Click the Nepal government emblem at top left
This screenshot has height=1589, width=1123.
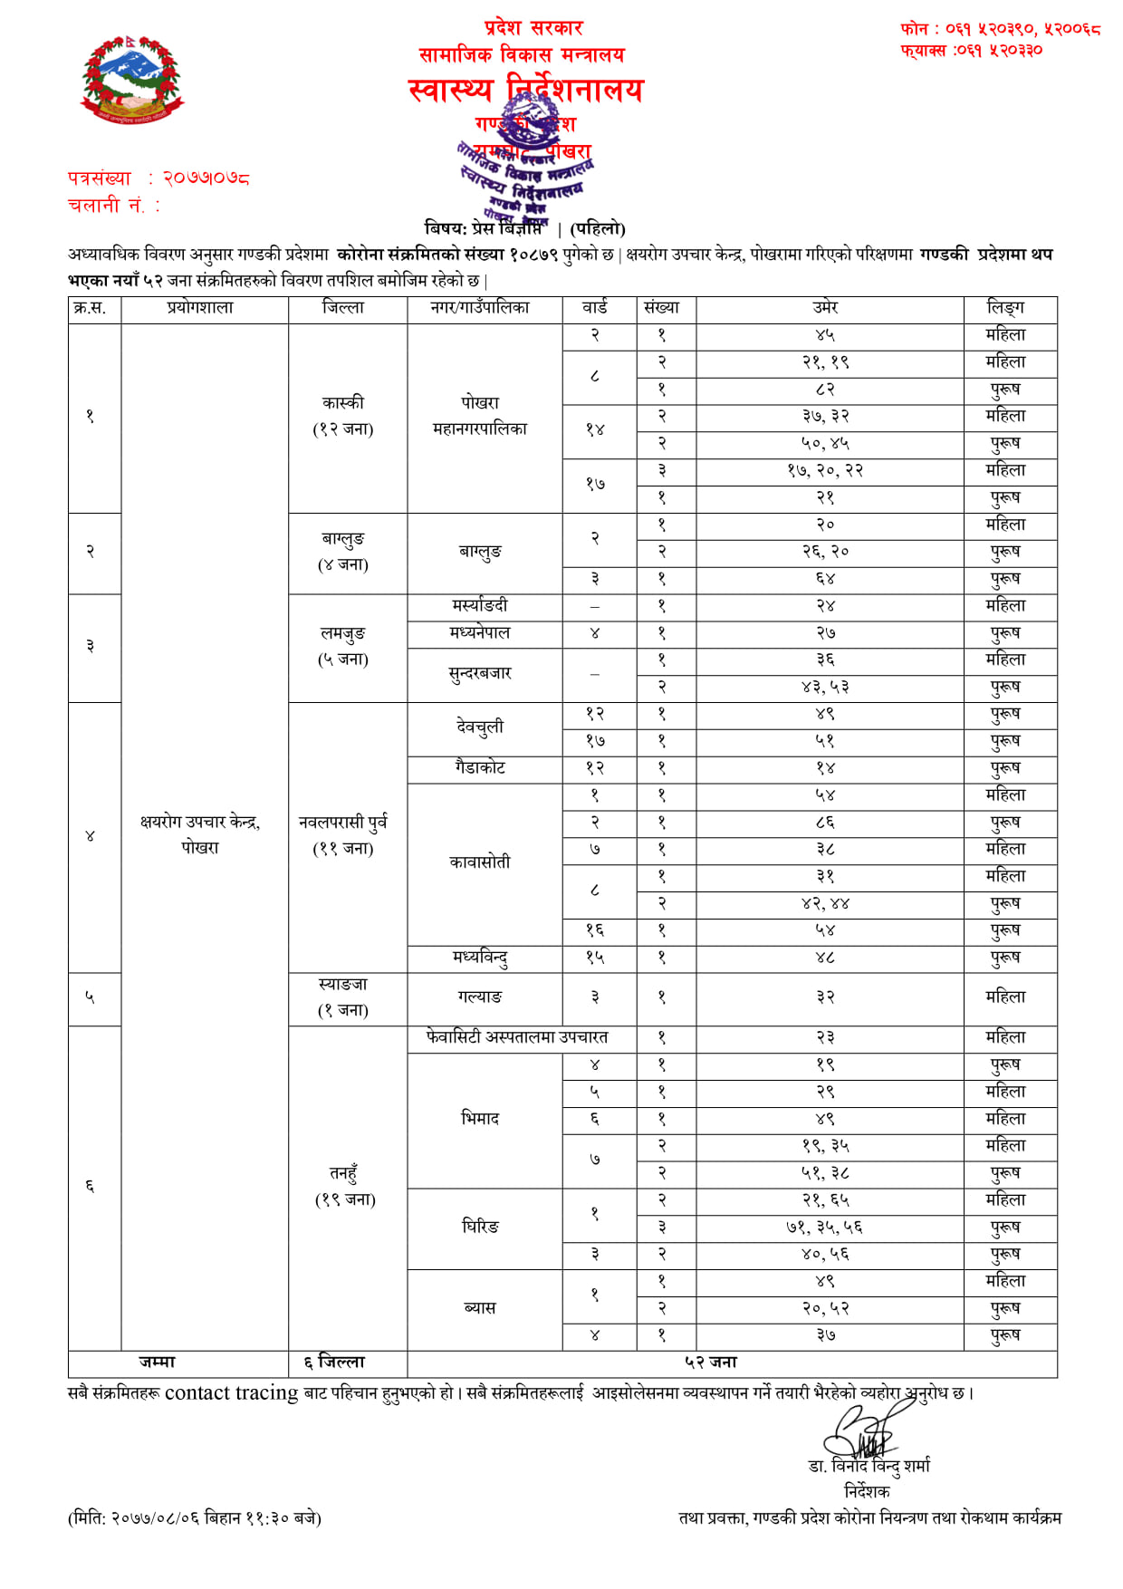(x=132, y=80)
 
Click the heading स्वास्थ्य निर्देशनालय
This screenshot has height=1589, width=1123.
(x=525, y=90)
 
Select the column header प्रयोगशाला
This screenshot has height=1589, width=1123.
(x=200, y=308)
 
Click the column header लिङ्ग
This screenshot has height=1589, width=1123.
(x=1005, y=308)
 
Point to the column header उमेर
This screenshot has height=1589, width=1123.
(x=825, y=308)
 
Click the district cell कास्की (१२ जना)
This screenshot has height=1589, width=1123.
(x=343, y=416)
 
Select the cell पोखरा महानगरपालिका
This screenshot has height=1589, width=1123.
(x=480, y=416)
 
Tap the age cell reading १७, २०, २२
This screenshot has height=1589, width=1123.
(x=825, y=470)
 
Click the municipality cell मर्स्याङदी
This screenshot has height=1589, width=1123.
(x=480, y=605)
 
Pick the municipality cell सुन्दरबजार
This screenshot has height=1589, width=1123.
(x=480, y=673)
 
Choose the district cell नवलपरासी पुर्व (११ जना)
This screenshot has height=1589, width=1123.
(x=343, y=834)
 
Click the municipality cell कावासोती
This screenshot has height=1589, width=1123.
(x=480, y=862)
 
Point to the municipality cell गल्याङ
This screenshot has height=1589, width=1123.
(x=480, y=997)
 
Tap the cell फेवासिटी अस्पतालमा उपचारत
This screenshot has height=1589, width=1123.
(x=517, y=1037)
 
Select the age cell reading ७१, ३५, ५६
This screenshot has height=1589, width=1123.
(x=825, y=1228)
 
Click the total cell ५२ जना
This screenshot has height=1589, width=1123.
(x=711, y=1363)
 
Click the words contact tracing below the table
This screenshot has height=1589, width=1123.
(x=231, y=1393)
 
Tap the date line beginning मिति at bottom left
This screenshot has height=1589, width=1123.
(x=195, y=1518)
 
